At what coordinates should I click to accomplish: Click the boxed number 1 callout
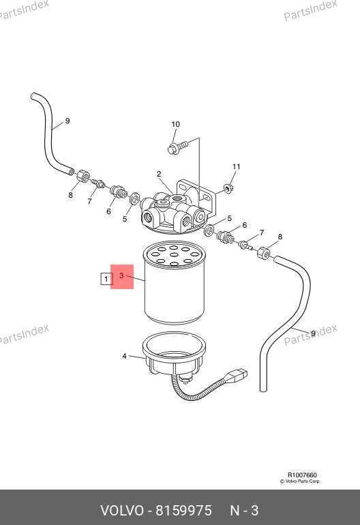pos(106,279)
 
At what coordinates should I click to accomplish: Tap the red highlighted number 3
pos(121,275)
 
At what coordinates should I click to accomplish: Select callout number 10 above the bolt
pos(175,124)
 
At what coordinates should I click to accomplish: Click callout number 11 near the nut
pos(237,166)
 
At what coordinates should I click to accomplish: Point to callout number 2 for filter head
pos(159,174)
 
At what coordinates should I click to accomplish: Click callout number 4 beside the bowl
pos(124,356)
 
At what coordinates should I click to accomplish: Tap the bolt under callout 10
pos(177,147)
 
